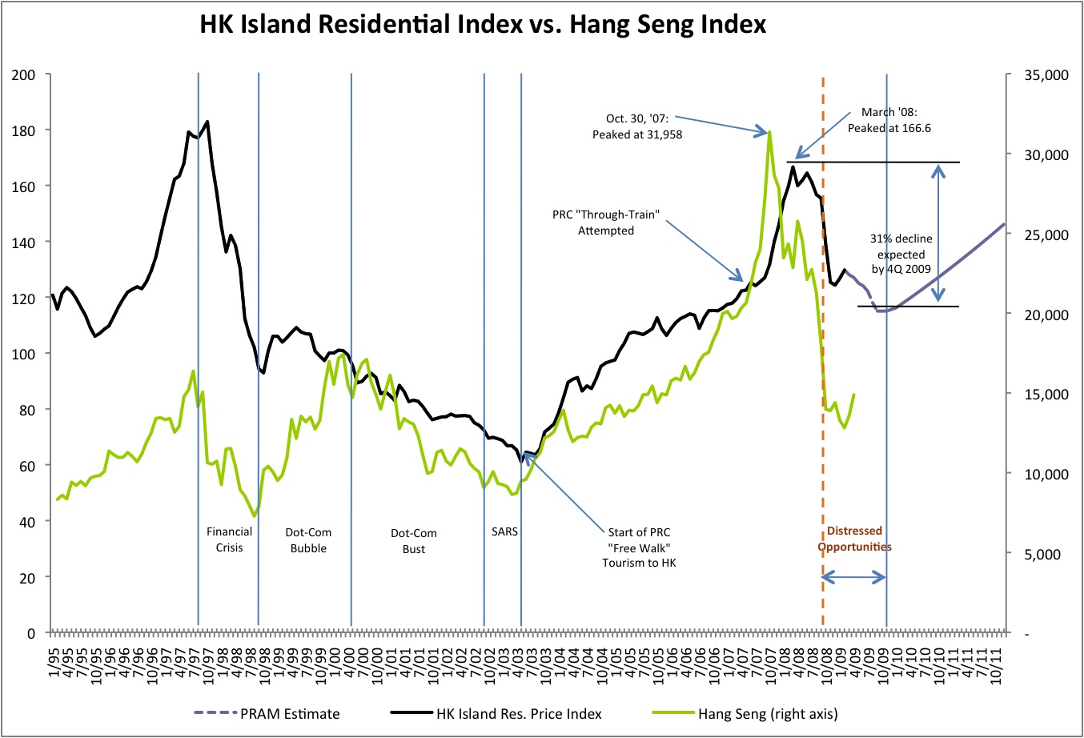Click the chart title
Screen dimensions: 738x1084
click(x=483, y=25)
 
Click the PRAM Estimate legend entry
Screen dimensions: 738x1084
click(x=289, y=714)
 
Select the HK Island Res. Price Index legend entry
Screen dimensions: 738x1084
click(x=518, y=714)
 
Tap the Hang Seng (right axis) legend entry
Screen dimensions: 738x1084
click(x=767, y=714)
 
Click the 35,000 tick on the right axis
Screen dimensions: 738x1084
click(x=1046, y=75)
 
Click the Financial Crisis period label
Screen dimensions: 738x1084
click(x=229, y=539)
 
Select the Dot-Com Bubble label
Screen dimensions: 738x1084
click(x=308, y=540)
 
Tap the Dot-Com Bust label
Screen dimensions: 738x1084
click(x=414, y=541)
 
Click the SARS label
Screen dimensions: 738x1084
click(x=504, y=531)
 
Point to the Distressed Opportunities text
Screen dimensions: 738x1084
click(x=854, y=539)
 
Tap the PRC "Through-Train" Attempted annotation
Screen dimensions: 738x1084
click(x=606, y=223)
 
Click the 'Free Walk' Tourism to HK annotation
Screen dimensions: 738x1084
click(x=639, y=547)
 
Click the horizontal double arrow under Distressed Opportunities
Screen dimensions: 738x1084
click(x=854, y=576)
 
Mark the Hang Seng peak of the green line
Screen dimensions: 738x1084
click(x=769, y=132)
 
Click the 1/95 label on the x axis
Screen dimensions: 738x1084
click(x=53, y=656)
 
